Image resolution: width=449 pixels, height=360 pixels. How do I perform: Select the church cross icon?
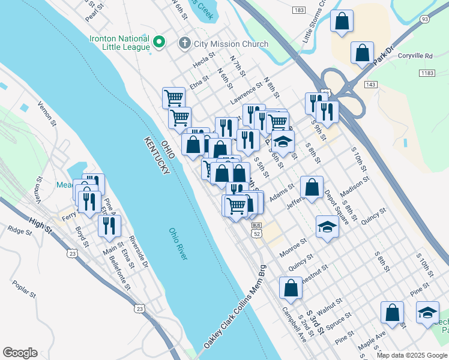coord(185,43)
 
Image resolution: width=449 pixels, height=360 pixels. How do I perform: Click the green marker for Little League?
coord(159,42)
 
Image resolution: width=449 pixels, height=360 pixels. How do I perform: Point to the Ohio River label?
coord(178,244)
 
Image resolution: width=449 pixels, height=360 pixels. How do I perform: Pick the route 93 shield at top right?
coord(426,19)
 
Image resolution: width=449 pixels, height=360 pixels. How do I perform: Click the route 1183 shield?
coord(427,73)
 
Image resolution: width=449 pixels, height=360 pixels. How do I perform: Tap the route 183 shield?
coord(298,11)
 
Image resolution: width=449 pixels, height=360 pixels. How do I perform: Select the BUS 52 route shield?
coord(257,230)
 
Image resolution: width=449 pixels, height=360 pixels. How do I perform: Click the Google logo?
coord(20,353)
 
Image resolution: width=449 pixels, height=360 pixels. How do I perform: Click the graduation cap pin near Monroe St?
coord(327,227)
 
